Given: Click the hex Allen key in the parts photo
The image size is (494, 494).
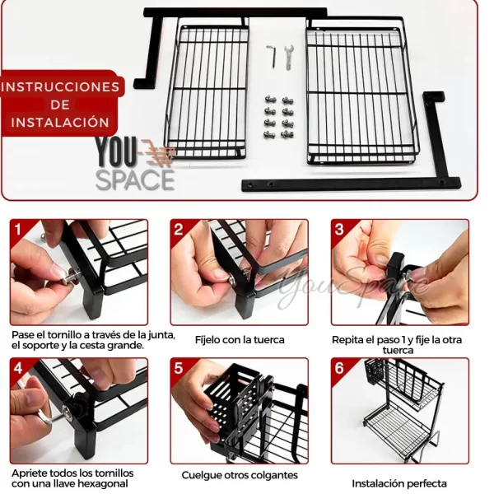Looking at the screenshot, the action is point(273,56).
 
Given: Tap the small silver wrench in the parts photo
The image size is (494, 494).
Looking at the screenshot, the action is point(289,58).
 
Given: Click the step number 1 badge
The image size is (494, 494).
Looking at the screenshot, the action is point(18,229).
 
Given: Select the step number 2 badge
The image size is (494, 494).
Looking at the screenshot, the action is point(179,229).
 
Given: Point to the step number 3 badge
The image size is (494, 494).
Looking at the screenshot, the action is point(339,229).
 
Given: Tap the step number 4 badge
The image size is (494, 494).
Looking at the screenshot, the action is point(18,368).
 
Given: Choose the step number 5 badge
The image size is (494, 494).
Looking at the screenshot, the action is point(179,368).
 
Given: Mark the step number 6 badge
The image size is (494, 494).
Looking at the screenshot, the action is point(339,368).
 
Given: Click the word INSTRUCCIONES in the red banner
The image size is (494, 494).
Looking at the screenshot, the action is point(60,87).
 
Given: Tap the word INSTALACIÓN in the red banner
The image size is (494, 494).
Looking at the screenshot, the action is point(60,122).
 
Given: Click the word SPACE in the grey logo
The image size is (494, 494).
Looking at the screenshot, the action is point(135,180).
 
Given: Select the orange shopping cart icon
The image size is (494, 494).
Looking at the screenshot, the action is point(157,153).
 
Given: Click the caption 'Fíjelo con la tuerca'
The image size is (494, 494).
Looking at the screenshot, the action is point(240,340).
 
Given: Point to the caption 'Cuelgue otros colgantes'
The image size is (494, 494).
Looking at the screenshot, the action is point(240,475).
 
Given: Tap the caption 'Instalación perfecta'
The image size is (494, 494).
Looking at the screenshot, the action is point(399,483).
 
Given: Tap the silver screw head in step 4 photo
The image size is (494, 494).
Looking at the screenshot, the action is point(68,411).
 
